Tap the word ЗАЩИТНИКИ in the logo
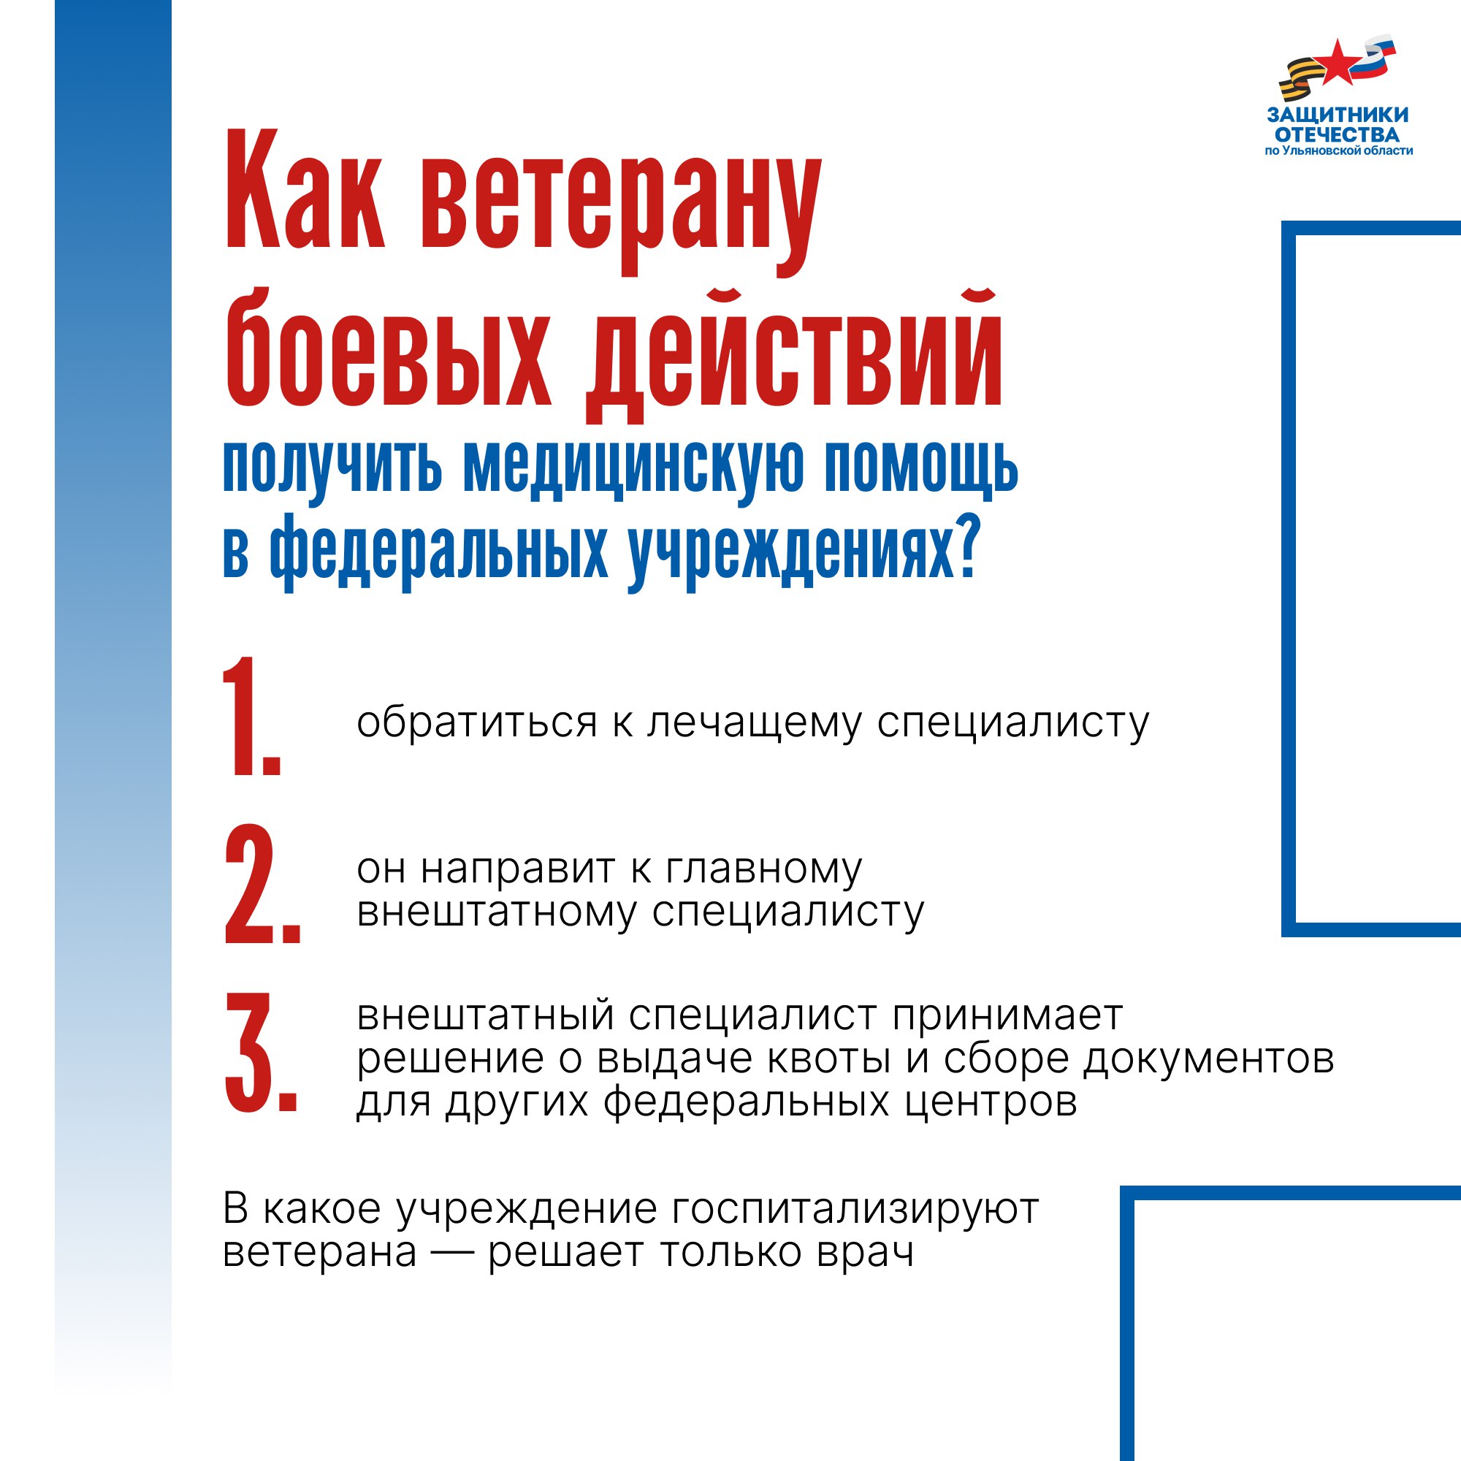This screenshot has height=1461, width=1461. click(x=1338, y=115)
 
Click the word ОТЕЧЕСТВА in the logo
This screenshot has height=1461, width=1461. click(x=1337, y=135)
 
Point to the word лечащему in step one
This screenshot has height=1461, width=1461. click(x=753, y=724)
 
